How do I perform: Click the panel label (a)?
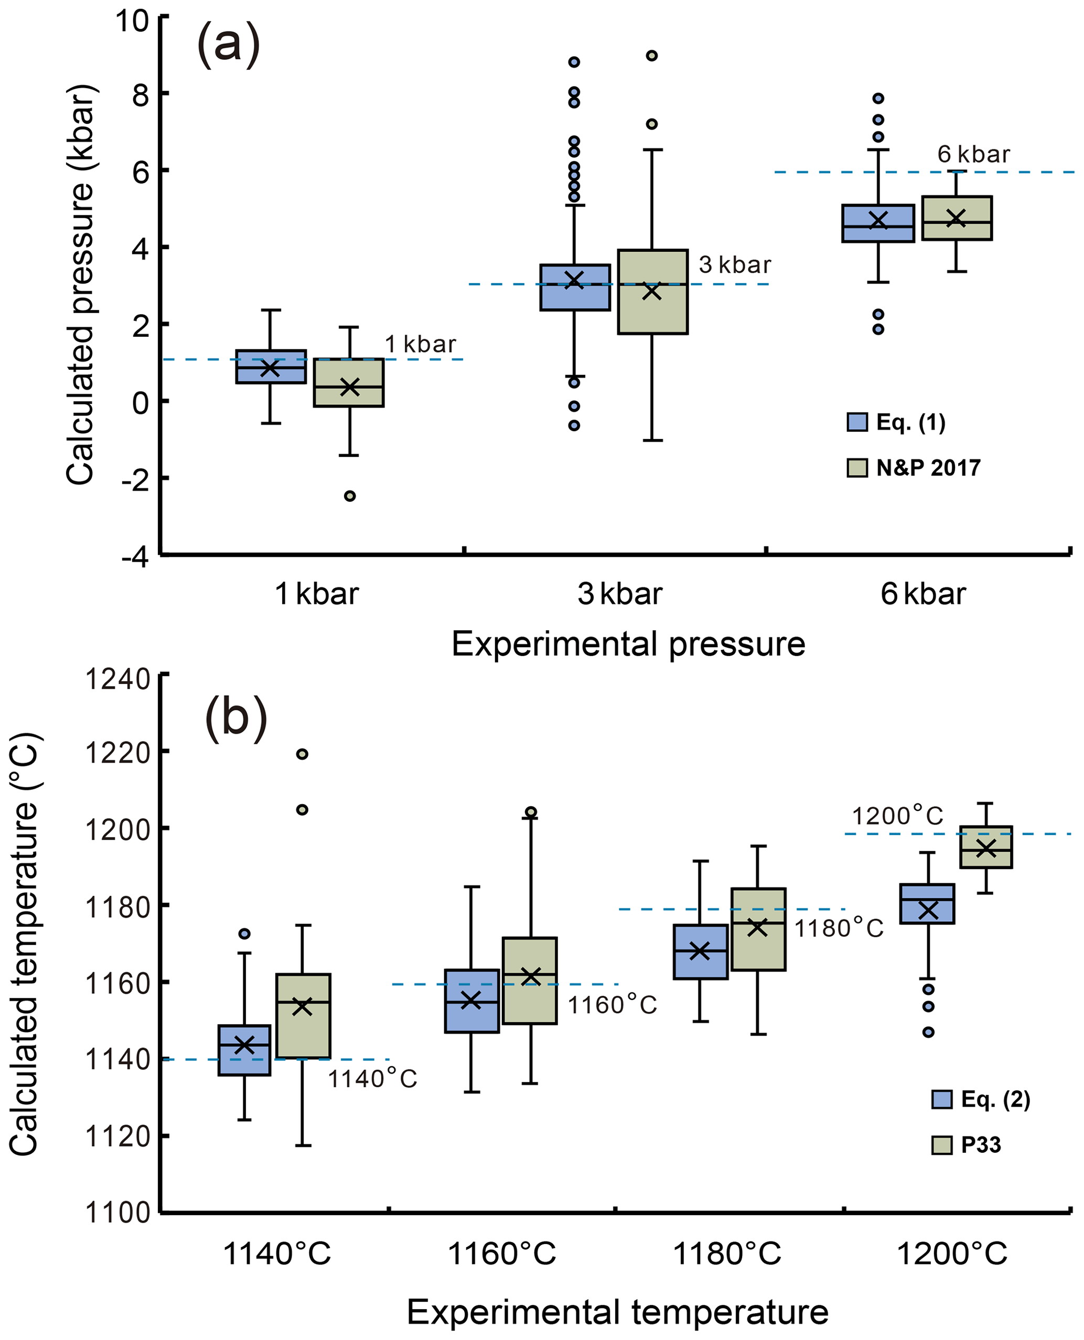coord(228,46)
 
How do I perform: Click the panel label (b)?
coord(236,720)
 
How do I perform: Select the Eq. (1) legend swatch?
coord(857,423)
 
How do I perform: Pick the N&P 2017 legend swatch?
coord(857,468)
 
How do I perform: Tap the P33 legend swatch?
coord(942,1145)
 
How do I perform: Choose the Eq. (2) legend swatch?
coord(942,1100)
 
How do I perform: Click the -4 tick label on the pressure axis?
coord(135,556)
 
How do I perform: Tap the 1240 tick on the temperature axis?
coord(118,679)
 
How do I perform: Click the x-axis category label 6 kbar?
coord(923,594)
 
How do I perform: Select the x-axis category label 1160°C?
coord(502,1254)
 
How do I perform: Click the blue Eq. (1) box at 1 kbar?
coord(271,367)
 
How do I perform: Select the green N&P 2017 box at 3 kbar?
coord(652,292)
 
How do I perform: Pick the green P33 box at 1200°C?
coord(986,846)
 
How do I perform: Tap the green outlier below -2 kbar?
coord(350,496)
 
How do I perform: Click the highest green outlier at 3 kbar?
coord(651,56)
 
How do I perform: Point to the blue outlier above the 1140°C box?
coord(245,934)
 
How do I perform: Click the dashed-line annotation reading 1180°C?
coord(839,928)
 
